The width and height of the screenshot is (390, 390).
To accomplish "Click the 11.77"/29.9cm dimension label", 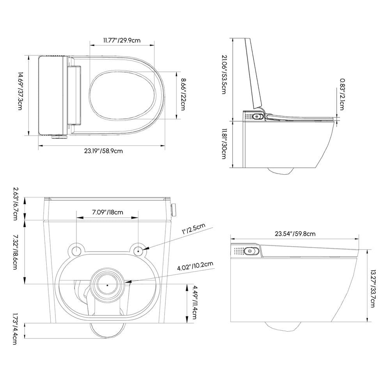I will click(122, 39).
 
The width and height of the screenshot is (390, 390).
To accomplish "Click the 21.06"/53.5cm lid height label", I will click(224, 74).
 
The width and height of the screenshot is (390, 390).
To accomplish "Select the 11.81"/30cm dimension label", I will click(224, 144).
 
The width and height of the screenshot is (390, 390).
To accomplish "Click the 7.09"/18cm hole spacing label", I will click(108, 212).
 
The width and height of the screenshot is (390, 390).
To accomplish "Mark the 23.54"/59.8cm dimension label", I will click(295, 234).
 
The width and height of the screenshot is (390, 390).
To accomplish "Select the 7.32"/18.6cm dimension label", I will click(16, 252).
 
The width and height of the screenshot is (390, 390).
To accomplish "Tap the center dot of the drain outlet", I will click(107, 285).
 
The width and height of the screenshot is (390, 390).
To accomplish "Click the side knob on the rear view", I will click(174, 209).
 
